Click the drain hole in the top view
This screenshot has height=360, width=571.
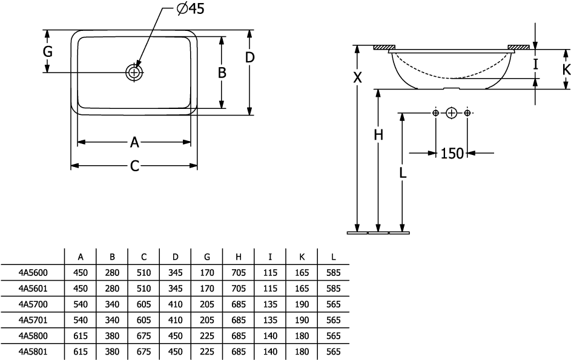click(x=134, y=72)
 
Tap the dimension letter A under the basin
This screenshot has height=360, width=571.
click(x=134, y=142)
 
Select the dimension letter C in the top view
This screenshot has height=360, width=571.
click(x=134, y=166)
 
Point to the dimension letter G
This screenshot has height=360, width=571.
click(x=47, y=52)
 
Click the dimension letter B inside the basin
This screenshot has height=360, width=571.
click(x=222, y=73)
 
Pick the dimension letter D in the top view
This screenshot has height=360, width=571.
click(x=249, y=57)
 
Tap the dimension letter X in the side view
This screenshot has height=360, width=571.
click(x=358, y=77)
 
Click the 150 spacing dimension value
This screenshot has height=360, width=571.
click(x=452, y=154)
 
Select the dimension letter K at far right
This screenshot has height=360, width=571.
click(x=566, y=69)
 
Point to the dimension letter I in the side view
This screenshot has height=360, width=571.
click(x=535, y=64)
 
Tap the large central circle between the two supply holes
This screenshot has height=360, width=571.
click(x=451, y=113)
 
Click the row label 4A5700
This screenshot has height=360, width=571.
click(x=34, y=305)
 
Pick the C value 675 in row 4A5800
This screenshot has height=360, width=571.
click(x=144, y=336)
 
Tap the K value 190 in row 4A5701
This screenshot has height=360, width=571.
click(x=302, y=321)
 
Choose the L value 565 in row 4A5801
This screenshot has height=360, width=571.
click(x=334, y=352)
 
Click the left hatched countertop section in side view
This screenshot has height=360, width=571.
click(x=384, y=47)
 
